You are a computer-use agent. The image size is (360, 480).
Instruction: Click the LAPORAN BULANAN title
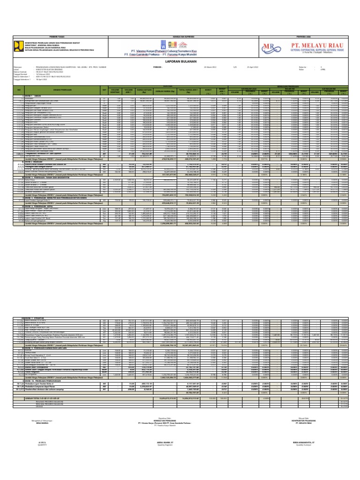coord(180,60)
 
